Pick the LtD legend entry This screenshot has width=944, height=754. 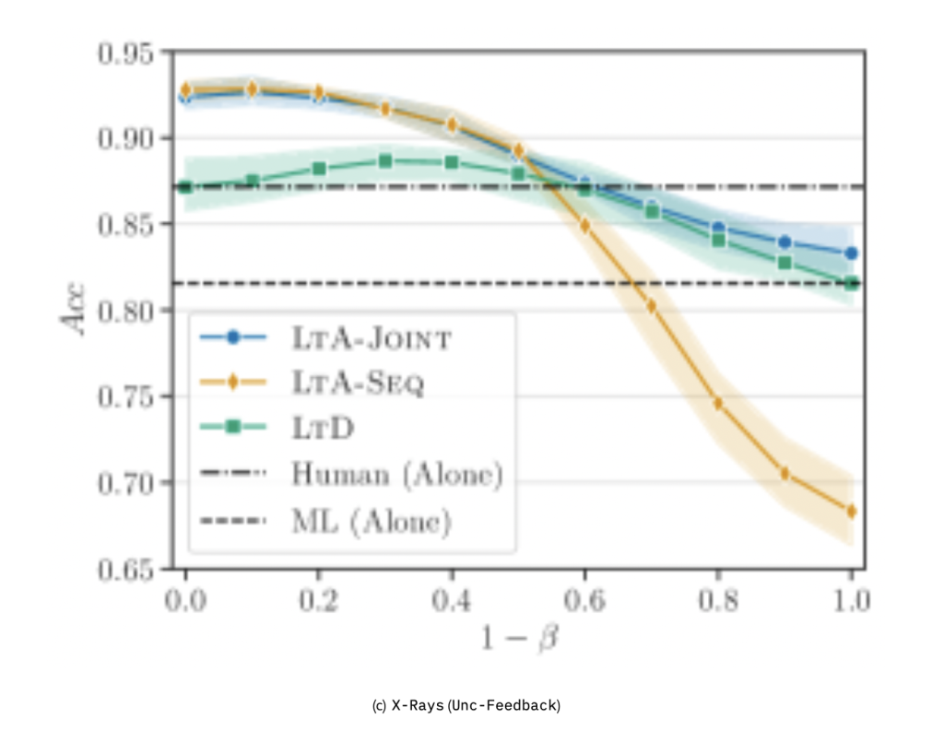point(323,428)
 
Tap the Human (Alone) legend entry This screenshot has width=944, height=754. point(396,475)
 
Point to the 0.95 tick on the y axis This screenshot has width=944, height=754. point(128,52)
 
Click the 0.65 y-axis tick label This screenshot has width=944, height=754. point(128,569)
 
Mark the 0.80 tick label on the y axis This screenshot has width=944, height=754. point(128,311)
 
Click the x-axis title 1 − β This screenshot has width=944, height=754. point(518,638)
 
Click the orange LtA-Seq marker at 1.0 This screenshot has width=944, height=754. point(851,511)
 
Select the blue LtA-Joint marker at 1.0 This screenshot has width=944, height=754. point(851,253)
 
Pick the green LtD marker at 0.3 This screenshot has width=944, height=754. point(385,161)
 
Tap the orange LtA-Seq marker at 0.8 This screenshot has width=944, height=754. point(718,404)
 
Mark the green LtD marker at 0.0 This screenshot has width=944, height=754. point(185,187)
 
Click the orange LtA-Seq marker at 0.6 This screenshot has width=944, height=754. point(584,225)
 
